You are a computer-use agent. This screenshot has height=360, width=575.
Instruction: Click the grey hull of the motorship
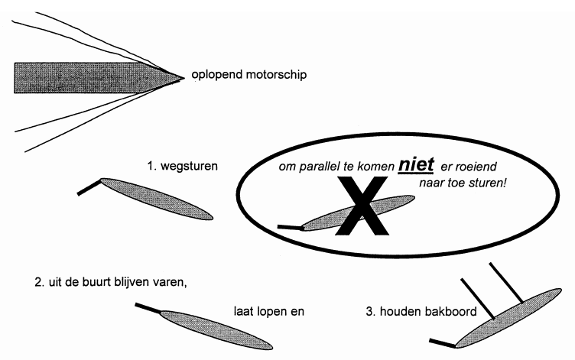pyautogui.click(x=84, y=76)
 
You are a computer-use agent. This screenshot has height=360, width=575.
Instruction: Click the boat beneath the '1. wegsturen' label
pyautogui.click(x=161, y=198)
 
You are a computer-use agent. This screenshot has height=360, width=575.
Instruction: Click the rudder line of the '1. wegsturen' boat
pyautogui.click(x=89, y=187)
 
